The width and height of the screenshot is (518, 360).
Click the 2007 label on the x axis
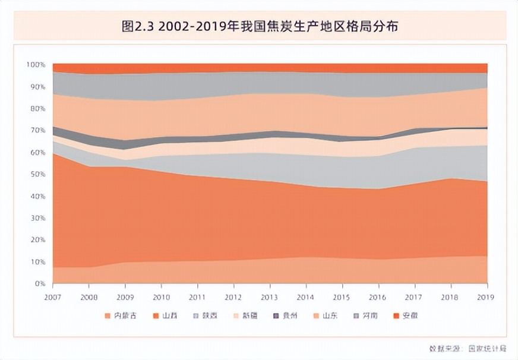point(53,296)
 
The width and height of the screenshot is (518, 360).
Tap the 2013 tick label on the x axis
point(270,296)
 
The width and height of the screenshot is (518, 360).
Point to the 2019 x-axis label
point(487,296)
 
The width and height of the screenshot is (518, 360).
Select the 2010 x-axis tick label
point(162,296)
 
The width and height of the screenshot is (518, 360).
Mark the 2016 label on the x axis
point(378,296)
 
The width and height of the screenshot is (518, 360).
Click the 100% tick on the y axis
point(36,64)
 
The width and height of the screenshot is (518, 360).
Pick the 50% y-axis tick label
point(37,174)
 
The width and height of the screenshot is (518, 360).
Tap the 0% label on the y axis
point(40,284)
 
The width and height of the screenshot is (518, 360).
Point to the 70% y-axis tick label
point(37,130)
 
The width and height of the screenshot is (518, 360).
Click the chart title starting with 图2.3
point(259,26)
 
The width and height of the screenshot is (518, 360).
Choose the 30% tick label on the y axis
point(37,218)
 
